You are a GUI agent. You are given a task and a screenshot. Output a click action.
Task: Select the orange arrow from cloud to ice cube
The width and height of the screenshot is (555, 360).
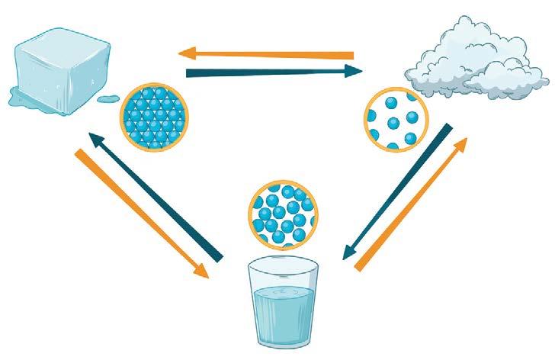tap(267, 54)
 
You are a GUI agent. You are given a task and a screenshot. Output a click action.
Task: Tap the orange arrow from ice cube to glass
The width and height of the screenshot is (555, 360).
tap(141, 214)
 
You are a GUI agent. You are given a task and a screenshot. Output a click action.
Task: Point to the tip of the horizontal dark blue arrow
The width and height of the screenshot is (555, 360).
tap(360, 72)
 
